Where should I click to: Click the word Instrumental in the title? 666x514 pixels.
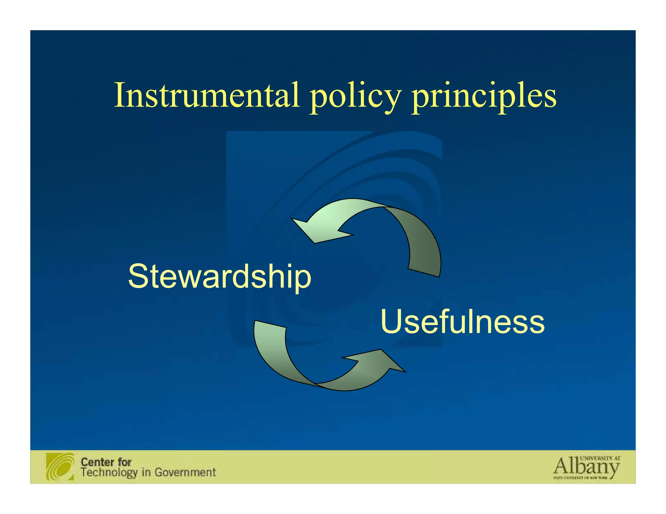pos(207,95)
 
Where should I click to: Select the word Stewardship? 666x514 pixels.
pos(220,276)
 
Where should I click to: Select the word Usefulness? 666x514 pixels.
pos(462,322)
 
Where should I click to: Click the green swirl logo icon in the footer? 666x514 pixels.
pos(60,467)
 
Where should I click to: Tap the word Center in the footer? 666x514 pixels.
pos(97,462)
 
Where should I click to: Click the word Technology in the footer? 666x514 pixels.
pos(109,472)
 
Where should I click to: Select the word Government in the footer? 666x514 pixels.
pos(185,472)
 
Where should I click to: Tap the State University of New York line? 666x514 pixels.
pos(580,478)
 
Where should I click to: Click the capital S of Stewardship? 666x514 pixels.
pos(139,276)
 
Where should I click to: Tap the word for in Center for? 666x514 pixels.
pos(124,462)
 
